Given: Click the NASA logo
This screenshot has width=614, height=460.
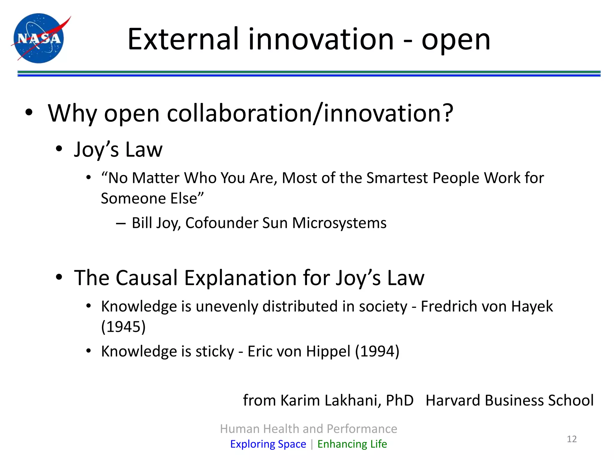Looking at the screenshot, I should [x=39, y=38].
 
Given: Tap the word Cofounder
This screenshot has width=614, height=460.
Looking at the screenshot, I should [x=221, y=223].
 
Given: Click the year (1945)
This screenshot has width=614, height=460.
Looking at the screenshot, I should [x=123, y=326].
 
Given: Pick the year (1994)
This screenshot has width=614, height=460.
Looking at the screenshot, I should [x=377, y=351].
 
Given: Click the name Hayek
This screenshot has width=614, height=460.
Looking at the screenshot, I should [x=532, y=306].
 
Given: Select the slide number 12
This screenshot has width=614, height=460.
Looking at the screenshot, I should [x=572, y=439].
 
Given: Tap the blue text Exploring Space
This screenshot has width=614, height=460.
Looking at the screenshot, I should [x=268, y=444].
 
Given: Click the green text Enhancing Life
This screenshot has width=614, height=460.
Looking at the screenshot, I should [x=352, y=444].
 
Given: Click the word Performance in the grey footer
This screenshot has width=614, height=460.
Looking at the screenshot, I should [x=362, y=429].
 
